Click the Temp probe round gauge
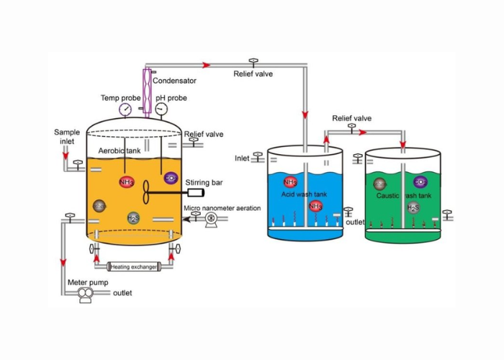pos(127,109)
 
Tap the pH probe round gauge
pos(161,109)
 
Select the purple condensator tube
pos(146,91)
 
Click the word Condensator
pos(174,81)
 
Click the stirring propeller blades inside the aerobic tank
pos(148,192)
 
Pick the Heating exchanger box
pos(133,267)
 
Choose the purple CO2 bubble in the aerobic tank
pos(171,177)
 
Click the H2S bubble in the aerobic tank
pos(133,217)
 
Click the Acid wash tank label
pos(302,194)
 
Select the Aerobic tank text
pos(120,150)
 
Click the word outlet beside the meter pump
pos(122,294)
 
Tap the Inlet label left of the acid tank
pos(242,158)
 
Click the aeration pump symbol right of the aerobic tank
pos(212,223)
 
